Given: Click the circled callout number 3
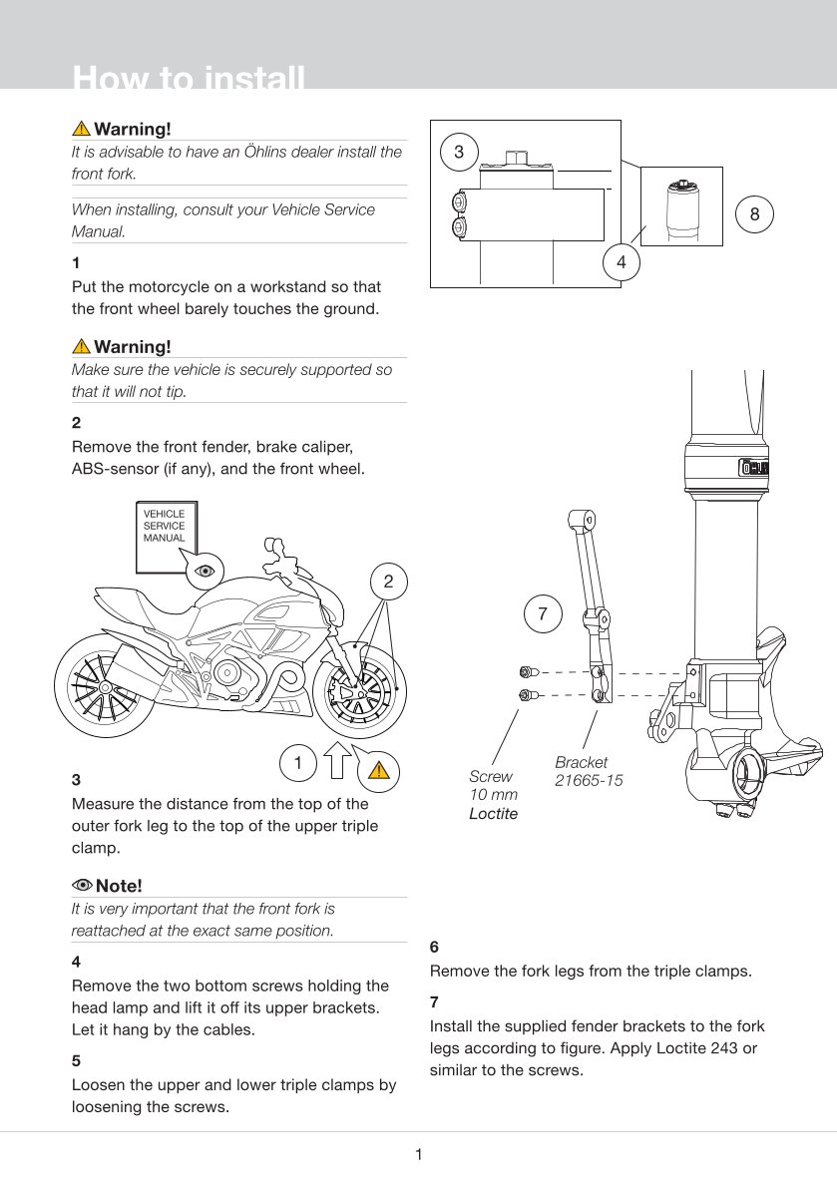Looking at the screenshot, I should click(x=459, y=153).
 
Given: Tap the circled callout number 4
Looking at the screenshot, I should click(x=622, y=263).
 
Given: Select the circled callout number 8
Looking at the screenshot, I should click(x=754, y=214).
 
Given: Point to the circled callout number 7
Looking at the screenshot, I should click(x=543, y=614).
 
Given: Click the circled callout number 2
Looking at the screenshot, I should click(x=388, y=582).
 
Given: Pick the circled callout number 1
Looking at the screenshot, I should click(x=297, y=763).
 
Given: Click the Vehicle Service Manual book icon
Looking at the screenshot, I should click(x=165, y=536).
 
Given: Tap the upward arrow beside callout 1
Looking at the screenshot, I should click(x=337, y=760).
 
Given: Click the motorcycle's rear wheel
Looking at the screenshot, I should click(x=100, y=687).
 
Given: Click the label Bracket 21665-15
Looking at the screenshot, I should click(x=589, y=771).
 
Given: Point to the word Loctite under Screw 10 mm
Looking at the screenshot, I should click(x=494, y=814).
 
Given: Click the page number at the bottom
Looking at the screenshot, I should click(x=419, y=1155).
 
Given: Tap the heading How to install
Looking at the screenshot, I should click(x=189, y=78).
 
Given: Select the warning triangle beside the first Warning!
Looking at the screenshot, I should click(x=81, y=129).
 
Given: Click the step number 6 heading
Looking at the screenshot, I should click(x=434, y=947).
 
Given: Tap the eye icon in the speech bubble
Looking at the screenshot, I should click(x=206, y=571).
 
